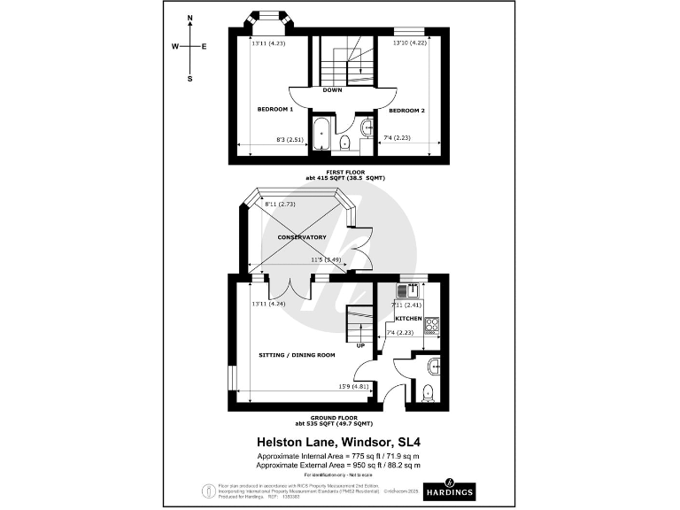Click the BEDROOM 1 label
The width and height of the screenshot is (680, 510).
tap(274, 109)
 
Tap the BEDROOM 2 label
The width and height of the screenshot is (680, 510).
tap(407, 110)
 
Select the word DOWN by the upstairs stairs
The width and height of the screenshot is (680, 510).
tap(333, 90)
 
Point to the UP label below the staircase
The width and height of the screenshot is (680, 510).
tap(360, 345)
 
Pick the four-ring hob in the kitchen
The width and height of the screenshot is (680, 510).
tap(431, 325)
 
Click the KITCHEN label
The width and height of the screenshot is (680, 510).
tap(408, 317)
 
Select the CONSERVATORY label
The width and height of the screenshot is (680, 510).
tap(302, 237)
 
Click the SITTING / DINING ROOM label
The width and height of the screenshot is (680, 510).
tap(297, 355)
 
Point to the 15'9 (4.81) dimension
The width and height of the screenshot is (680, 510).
tap(353, 386)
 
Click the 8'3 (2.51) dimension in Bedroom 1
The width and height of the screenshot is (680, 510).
tap(290, 139)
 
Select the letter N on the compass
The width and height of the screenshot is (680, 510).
tap(190, 19)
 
